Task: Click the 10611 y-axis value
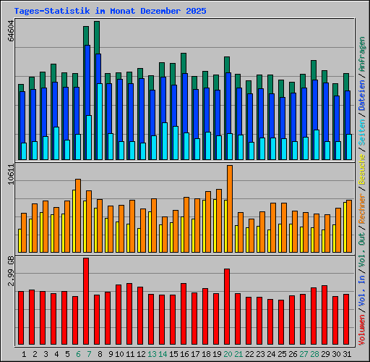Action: pos(10,175)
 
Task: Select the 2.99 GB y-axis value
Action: pos(10,271)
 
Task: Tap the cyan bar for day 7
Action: pos(89,138)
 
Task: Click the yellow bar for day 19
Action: pos(215,225)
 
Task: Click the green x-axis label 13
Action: pos(152,354)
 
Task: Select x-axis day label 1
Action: pos(24,354)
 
